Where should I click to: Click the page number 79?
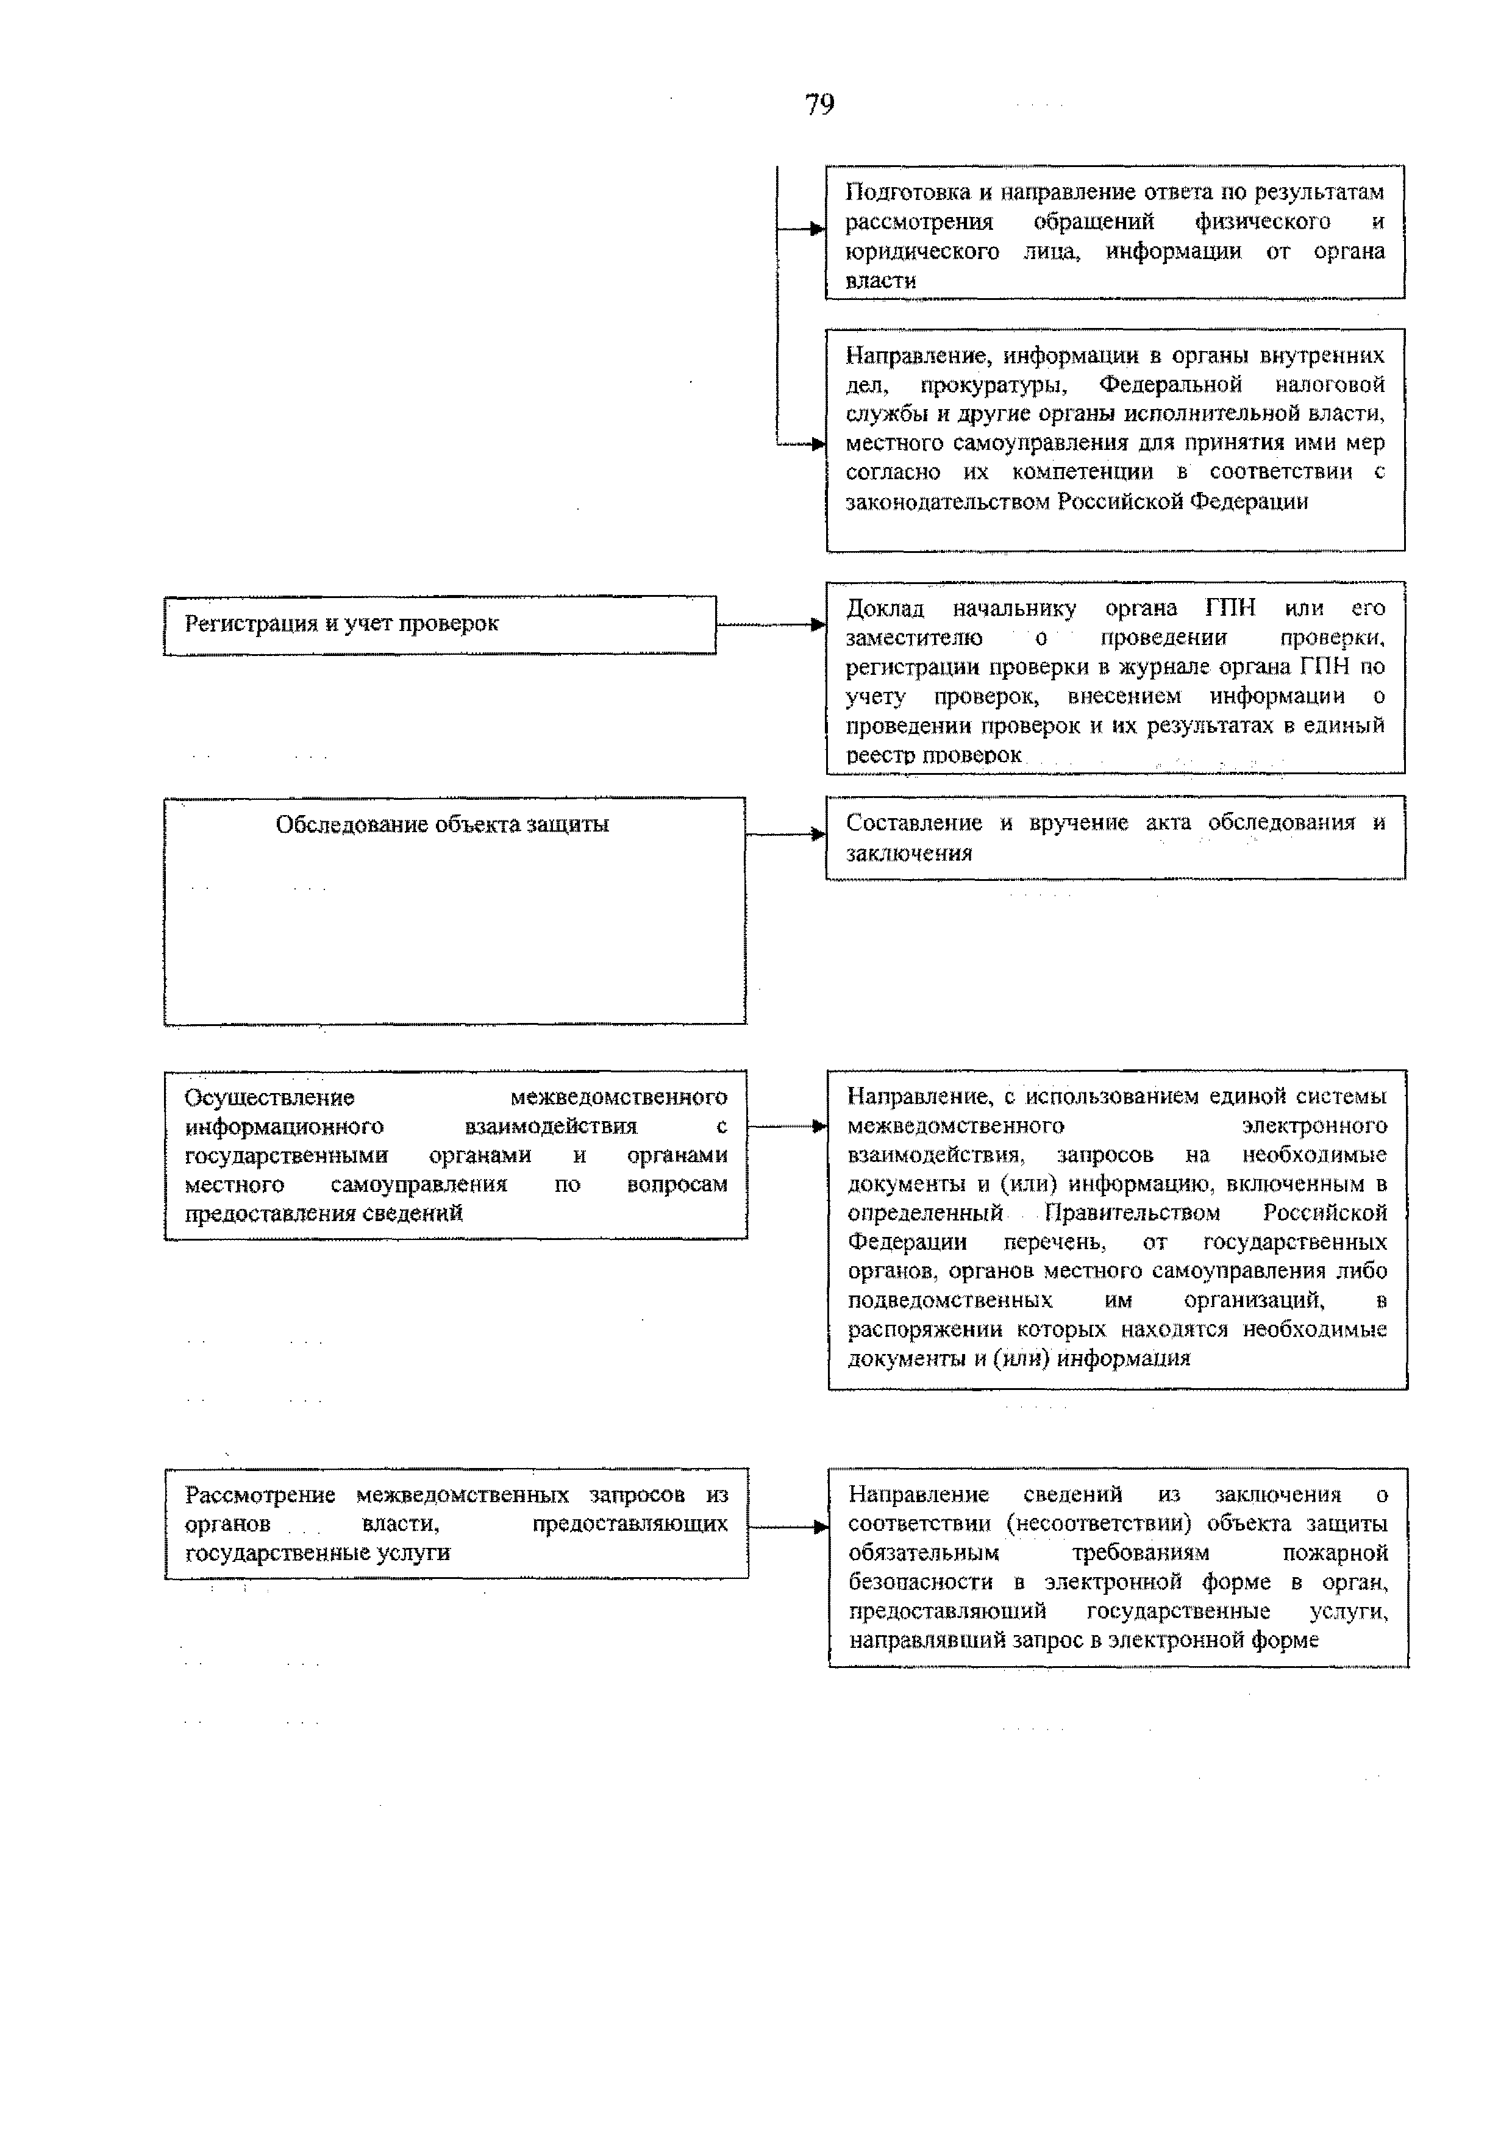click(819, 104)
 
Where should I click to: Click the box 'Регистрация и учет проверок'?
click(440, 625)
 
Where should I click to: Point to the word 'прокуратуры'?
click(993, 385)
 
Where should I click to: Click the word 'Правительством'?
click(1132, 1213)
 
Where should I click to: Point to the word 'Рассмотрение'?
click(260, 1495)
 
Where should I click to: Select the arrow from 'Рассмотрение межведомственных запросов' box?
click(788, 1526)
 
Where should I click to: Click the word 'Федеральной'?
click(1171, 385)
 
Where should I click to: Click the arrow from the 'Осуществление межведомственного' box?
click(788, 1127)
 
